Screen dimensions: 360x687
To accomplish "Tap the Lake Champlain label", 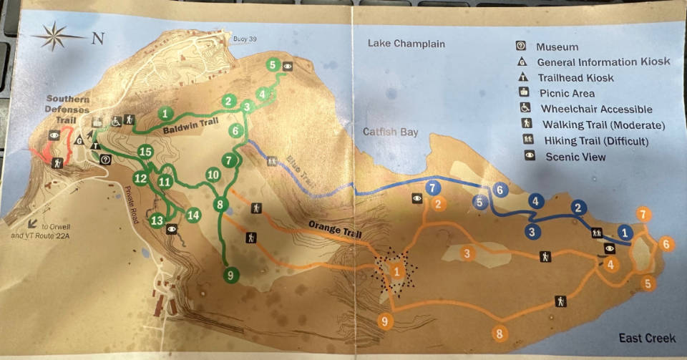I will (x=406, y=44).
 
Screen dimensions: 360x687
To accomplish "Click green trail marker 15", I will (x=145, y=152).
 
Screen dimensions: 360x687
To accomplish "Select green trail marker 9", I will (x=230, y=273).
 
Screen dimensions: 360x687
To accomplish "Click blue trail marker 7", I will (x=432, y=188).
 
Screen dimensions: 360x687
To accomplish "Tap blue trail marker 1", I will (x=626, y=232).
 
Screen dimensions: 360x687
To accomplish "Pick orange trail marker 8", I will (x=500, y=333).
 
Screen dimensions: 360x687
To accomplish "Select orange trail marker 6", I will (x=667, y=244).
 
